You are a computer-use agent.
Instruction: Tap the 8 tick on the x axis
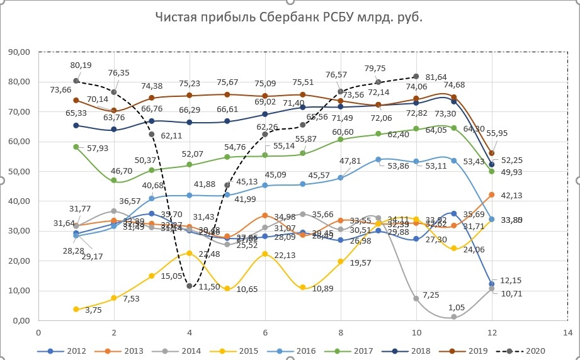click(340, 332)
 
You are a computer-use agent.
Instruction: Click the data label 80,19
click(81, 65)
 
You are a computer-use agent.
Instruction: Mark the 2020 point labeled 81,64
click(416, 76)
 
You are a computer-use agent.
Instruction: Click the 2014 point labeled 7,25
click(416, 298)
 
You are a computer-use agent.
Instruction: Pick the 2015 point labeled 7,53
click(113, 298)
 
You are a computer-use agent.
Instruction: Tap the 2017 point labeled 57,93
click(76, 147)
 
